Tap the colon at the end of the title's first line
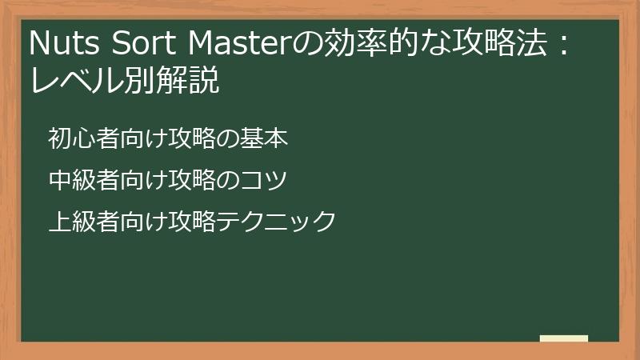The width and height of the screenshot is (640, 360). pos(563,45)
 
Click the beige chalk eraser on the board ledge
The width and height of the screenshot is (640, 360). pos(563,338)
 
